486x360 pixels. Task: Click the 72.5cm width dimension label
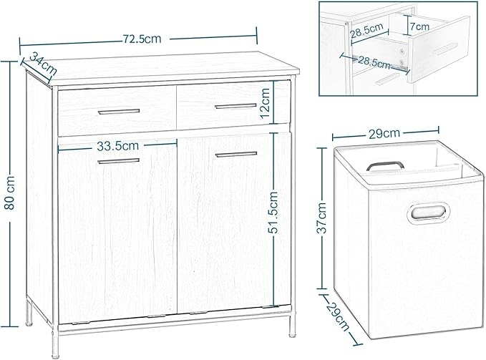[x=142, y=39]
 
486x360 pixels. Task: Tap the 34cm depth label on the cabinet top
[x=44, y=64]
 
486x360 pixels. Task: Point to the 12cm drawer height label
[x=266, y=103]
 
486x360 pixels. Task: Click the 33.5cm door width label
[x=118, y=146]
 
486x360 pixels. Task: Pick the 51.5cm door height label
[x=273, y=213]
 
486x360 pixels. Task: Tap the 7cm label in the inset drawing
[x=420, y=26]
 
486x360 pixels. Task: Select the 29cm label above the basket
[x=384, y=133]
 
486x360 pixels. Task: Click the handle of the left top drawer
[x=119, y=112]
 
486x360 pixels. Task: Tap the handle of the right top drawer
[x=236, y=106]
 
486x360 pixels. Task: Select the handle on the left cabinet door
[x=119, y=161]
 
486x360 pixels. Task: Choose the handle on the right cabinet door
[x=236, y=154]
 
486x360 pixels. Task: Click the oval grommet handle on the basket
[x=428, y=213]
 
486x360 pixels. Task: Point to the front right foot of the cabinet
[x=292, y=335]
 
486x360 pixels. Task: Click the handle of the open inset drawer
[x=446, y=49]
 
